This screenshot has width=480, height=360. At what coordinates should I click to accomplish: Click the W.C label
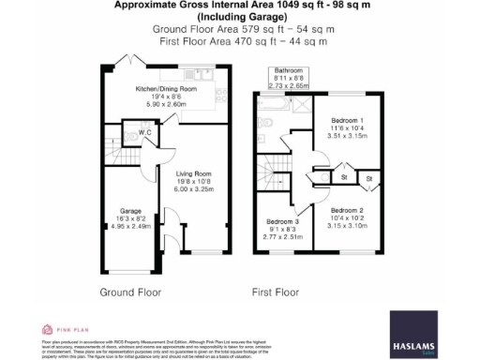[x=145, y=134]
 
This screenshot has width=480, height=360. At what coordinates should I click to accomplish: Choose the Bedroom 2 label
[x=347, y=211]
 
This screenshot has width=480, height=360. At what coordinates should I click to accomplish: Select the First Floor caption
[x=275, y=292]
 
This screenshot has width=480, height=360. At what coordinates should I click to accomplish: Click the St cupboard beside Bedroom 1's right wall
[x=368, y=176]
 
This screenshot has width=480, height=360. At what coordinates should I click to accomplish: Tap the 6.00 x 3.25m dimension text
[x=195, y=189]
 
